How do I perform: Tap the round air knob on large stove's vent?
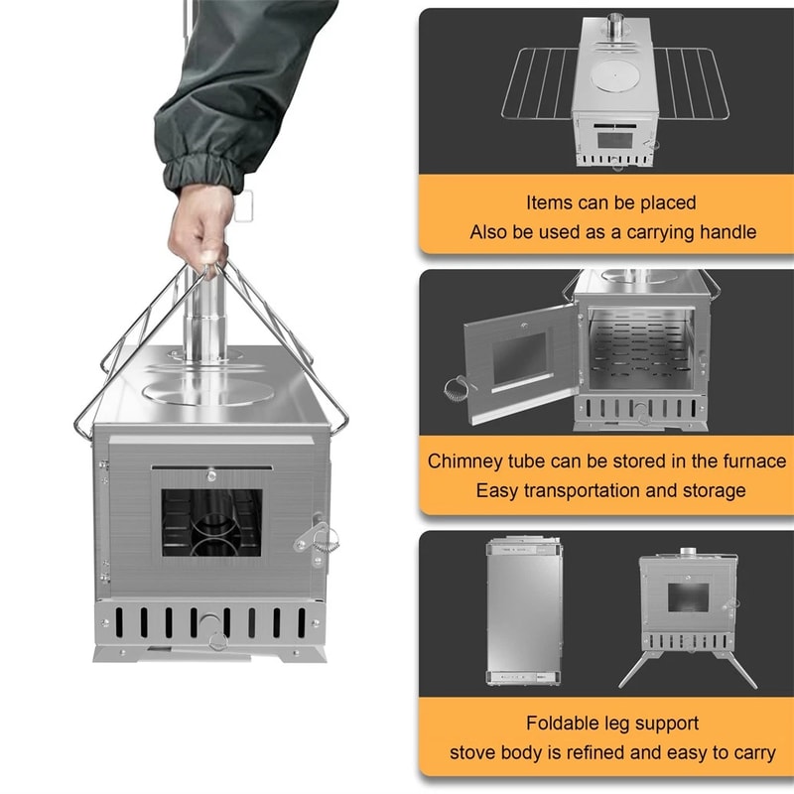[x=211, y=624]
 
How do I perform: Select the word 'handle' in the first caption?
[x=728, y=232]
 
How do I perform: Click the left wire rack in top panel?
[x=542, y=93]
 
